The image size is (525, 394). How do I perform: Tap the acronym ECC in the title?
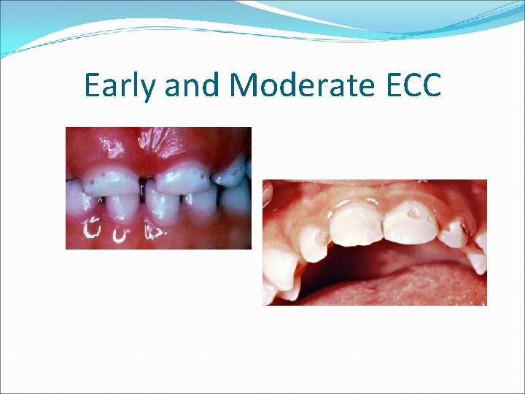point(414,85)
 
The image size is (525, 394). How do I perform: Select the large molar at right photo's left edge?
point(281,266)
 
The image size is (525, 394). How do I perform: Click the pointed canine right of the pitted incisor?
point(454,233)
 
